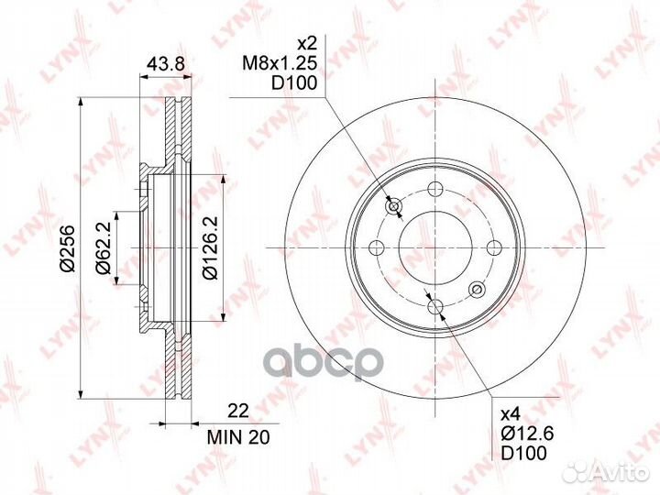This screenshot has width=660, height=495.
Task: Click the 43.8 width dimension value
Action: pyautogui.click(x=165, y=64)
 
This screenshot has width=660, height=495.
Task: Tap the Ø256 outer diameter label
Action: pyautogui.click(x=67, y=247)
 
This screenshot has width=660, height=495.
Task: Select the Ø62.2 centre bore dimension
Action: pyautogui.click(x=103, y=247)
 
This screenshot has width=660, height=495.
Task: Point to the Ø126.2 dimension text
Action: pyautogui.click(x=210, y=247)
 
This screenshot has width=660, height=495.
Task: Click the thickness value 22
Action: pyautogui.click(x=238, y=411)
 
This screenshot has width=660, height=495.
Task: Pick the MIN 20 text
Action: pyautogui.click(x=238, y=438)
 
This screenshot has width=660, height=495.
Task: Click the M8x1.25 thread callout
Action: pyautogui.click(x=279, y=63)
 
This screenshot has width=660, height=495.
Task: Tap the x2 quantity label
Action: pyautogui.click(x=306, y=43)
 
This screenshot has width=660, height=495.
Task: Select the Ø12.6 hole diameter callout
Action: pyautogui.click(x=527, y=433)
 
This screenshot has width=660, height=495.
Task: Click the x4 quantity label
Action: pyautogui.click(x=511, y=414)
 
